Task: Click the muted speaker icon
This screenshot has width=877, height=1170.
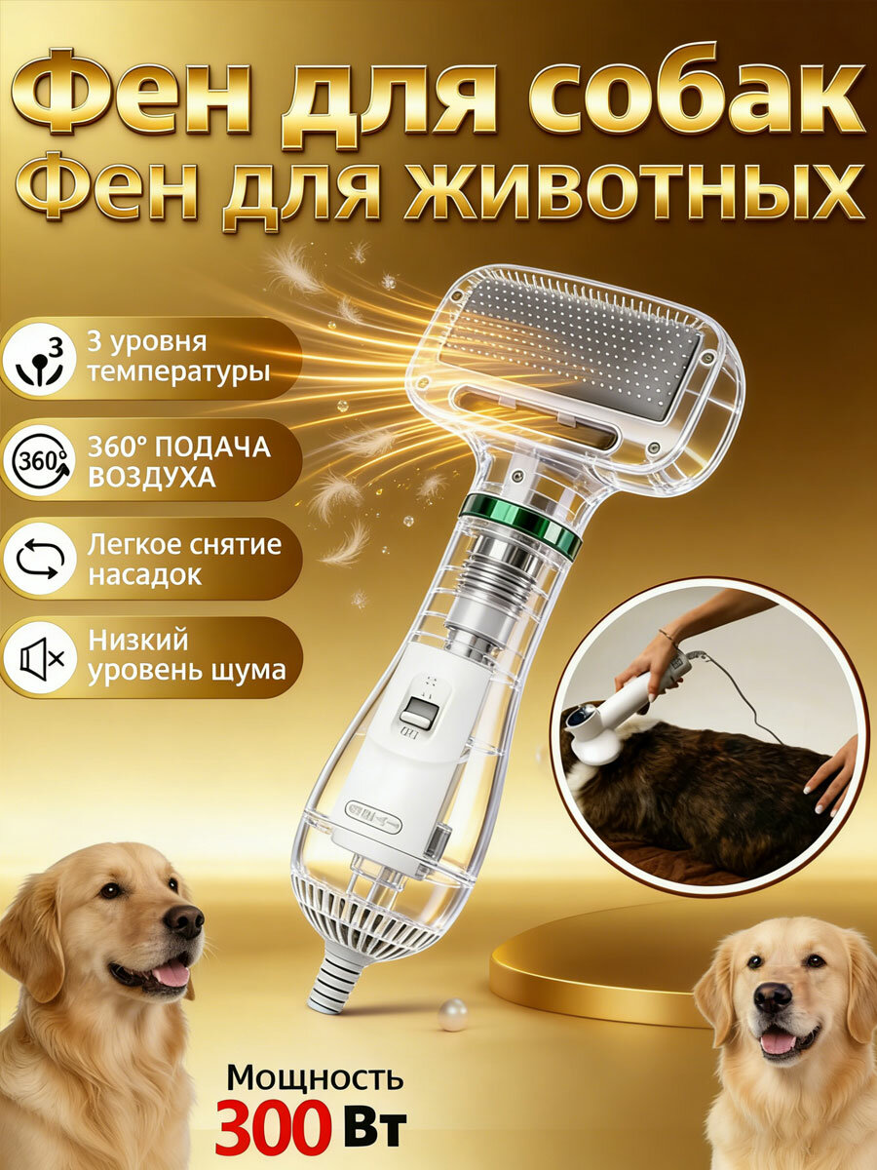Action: coord(39,658)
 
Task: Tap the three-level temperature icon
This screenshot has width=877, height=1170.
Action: coord(39,358)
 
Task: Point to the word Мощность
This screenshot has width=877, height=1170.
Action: coord(314,1077)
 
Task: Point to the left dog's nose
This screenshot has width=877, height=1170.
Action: coord(183,920)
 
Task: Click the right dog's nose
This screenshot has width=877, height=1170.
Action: coord(774,997)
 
